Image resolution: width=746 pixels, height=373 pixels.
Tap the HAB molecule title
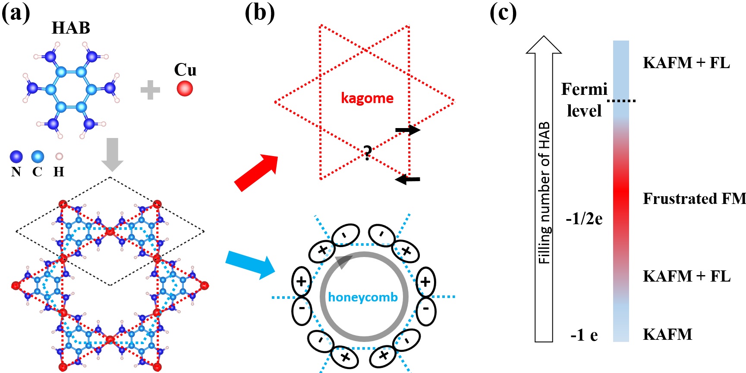click(x=71, y=28)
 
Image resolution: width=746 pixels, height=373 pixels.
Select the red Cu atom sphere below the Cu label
click(x=185, y=88)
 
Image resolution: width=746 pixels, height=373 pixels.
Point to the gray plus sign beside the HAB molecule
click(x=150, y=90)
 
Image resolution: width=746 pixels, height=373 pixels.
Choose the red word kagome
click(x=367, y=98)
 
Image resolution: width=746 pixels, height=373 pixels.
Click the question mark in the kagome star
click(x=367, y=153)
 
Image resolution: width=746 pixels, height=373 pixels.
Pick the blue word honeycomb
click(x=363, y=297)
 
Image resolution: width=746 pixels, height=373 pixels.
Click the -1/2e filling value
click(x=584, y=219)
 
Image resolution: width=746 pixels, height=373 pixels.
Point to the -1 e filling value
click(x=584, y=335)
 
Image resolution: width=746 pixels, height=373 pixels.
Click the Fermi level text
click(x=584, y=100)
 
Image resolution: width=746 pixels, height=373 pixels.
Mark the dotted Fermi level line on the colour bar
click(x=621, y=101)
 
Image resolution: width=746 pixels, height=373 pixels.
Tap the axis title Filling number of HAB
click(x=545, y=193)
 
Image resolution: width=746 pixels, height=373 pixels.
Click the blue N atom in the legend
click(x=16, y=157)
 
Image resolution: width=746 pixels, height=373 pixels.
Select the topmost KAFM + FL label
click(x=686, y=63)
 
